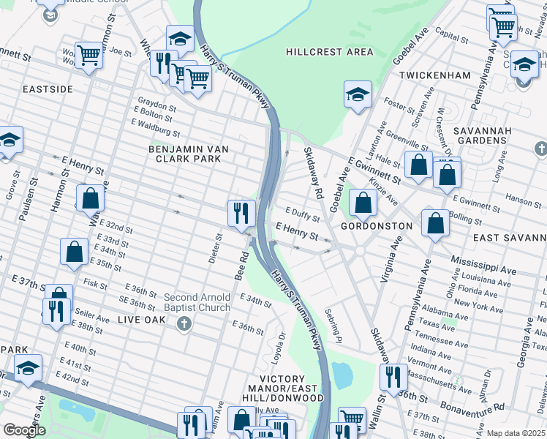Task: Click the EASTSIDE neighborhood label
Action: [48, 89]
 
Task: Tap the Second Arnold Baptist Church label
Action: [197, 302]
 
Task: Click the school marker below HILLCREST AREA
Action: [357, 95]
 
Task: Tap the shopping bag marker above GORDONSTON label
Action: [363, 203]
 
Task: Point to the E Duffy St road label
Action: [303, 217]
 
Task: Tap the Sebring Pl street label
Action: [334, 326]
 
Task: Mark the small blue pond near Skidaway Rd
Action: [342, 375]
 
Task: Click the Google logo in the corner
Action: [24, 431]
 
